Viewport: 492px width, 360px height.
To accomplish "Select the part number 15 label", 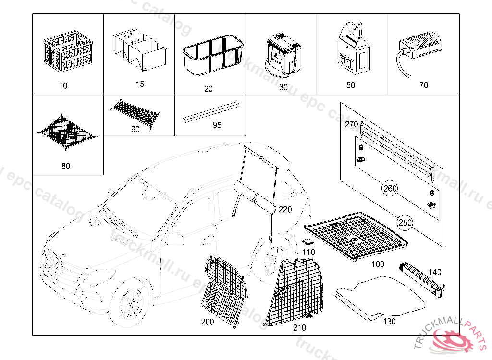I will (x=140, y=84).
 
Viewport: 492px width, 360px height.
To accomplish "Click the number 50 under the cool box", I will (x=351, y=85).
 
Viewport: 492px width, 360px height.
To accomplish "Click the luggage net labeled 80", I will (x=67, y=130).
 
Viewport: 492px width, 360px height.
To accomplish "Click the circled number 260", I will (x=390, y=188).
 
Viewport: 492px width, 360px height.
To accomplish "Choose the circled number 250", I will (x=405, y=223).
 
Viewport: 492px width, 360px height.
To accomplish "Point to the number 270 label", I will (x=352, y=124).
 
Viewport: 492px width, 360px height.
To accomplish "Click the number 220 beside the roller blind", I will (x=285, y=209).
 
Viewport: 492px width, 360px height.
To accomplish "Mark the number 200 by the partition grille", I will (x=207, y=322).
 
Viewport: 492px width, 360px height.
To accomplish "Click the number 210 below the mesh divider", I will (x=299, y=328).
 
